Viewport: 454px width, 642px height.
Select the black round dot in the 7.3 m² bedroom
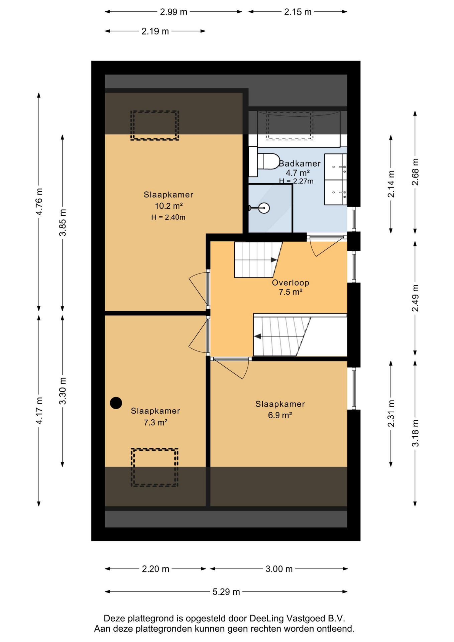pos(116,403)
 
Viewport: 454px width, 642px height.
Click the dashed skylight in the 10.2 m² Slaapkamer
pos(155,125)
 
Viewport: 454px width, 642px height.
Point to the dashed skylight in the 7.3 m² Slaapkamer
pos(154,467)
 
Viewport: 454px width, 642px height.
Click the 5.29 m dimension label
pos(226,592)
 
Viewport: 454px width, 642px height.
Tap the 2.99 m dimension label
pos(174,12)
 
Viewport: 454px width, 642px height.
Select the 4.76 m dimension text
pos(39,202)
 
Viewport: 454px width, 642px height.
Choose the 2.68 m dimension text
pos(415,172)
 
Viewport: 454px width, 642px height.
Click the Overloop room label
pos(291,283)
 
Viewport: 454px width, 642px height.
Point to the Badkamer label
pos(300,164)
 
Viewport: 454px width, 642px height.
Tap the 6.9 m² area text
pos(280,415)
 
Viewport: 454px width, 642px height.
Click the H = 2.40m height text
pos(168,217)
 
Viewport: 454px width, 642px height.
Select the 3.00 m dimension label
pos(279,569)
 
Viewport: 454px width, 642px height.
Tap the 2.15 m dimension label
pos(298,12)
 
